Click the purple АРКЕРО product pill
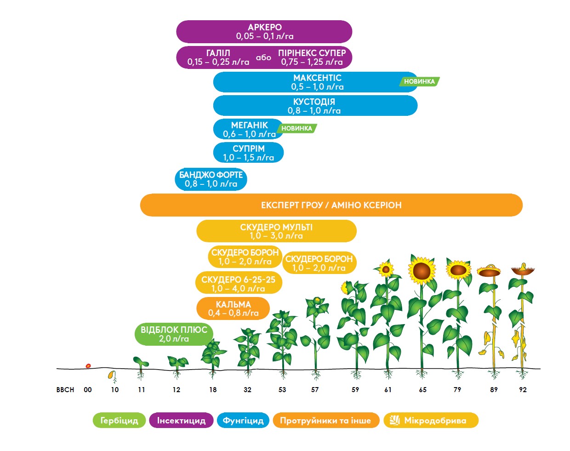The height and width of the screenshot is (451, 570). click(x=264, y=32)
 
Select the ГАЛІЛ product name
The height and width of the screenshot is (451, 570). click(x=218, y=53)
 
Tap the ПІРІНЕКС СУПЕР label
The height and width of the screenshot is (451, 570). click(x=312, y=53)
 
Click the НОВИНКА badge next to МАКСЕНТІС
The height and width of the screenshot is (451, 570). click(x=419, y=81)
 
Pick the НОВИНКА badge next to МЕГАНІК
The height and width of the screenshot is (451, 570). click(x=296, y=128)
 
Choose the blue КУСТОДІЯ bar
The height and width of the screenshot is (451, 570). click(x=315, y=106)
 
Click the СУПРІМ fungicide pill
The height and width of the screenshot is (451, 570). click(x=248, y=153)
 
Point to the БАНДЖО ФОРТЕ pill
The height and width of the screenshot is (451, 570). click(x=211, y=179)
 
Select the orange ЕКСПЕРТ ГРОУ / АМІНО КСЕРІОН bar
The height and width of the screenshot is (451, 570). click(x=331, y=205)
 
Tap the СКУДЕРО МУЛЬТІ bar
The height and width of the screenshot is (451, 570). click(x=276, y=231)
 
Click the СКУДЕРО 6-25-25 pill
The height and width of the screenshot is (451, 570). click(x=239, y=284)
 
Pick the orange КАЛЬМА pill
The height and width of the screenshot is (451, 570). click(x=233, y=308)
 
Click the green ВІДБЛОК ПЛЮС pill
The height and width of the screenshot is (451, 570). click(x=174, y=334)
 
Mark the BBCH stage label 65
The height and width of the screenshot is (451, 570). click(x=422, y=390)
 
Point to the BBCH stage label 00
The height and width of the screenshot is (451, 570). click(x=88, y=390)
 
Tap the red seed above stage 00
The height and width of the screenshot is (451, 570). click(x=88, y=366)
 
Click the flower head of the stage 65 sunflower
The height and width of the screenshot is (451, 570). click(x=422, y=269)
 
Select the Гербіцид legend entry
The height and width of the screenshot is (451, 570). click(x=119, y=421)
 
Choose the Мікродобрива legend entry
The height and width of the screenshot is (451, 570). click(x=431, y=421)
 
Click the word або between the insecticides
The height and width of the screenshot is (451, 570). click(x=263, y=57)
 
